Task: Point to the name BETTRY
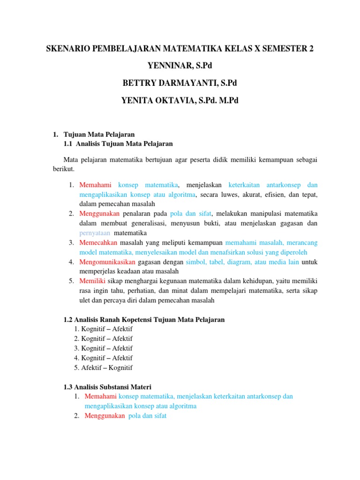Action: click(x=142, y=83)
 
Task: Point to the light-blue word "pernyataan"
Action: click(x=95, y=233)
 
